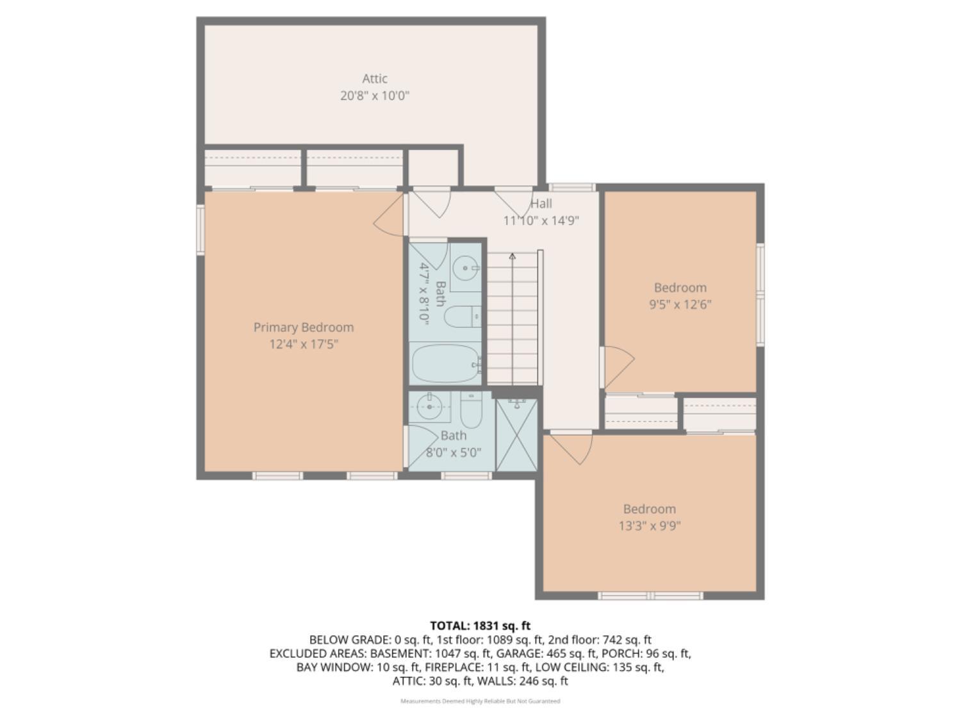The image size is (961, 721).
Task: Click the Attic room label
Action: point(374,79)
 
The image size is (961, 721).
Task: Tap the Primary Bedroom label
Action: point(304,327)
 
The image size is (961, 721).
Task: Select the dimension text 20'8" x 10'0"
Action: point(374,96)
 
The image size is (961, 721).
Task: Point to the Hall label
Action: point(541,204)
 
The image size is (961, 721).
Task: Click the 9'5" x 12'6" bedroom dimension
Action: point(680,304)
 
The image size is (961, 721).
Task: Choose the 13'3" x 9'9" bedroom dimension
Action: point(649,526)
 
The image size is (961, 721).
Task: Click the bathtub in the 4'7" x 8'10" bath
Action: point(446,364)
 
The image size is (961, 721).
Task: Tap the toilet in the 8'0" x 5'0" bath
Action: point(471,410)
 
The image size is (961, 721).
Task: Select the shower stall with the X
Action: point(516,435)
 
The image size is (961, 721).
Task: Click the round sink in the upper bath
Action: point(465,267)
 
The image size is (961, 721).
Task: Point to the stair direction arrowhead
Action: point(513,256)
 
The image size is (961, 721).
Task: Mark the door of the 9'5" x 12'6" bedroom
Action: point(618,367)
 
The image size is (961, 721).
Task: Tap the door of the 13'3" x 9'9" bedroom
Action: point(571,449)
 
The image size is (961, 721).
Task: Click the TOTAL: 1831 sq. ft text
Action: point(481,626)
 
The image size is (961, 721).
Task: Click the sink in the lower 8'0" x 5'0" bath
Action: point(429,407)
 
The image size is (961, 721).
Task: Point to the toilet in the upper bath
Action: point(463,317)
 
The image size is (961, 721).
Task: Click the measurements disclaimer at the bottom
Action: point(481,701)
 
